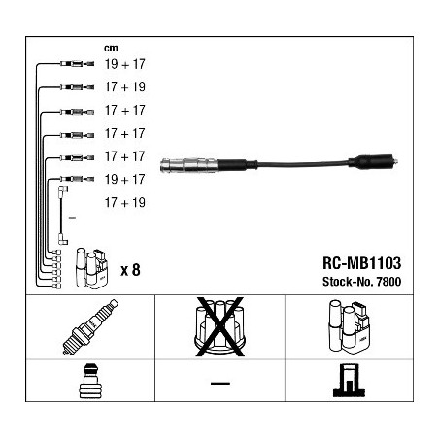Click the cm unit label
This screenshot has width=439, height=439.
point(111,49)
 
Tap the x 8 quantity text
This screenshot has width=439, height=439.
point(130,270)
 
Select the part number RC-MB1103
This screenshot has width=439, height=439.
point(361,263)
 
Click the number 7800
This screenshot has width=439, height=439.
point(388,282)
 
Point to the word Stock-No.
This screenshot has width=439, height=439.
point(348,282)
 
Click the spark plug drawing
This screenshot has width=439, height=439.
point(90,327)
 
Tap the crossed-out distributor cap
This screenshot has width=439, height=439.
point(219,327)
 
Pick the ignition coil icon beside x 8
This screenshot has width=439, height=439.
point(91,268)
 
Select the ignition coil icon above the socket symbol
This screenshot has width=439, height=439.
point(349,326)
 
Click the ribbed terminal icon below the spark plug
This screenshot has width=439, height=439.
point(90,381)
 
